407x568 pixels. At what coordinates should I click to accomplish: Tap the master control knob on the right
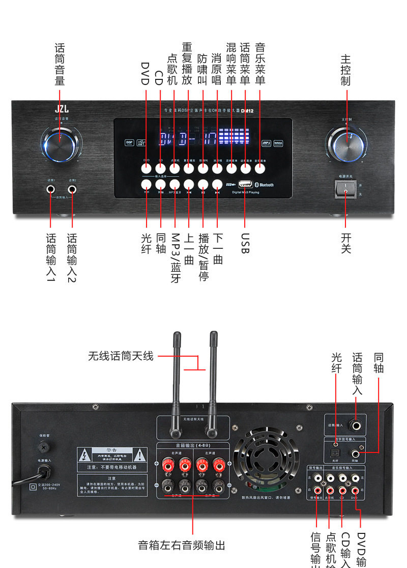click(350, 141)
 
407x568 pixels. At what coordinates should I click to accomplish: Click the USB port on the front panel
click(245, 184)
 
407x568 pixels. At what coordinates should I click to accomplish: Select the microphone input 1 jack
click(51, 190)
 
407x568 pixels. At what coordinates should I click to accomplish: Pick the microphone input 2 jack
click(72, 190)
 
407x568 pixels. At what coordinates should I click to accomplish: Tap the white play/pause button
click(203, 184)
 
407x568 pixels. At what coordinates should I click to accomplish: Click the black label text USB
click(245, 244)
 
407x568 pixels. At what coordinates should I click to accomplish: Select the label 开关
click(346, 243)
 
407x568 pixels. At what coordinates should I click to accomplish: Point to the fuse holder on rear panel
click(44, 447)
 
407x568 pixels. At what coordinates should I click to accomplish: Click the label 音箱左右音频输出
click(181, 545)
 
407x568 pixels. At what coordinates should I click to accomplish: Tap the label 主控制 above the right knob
click(346, 71)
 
